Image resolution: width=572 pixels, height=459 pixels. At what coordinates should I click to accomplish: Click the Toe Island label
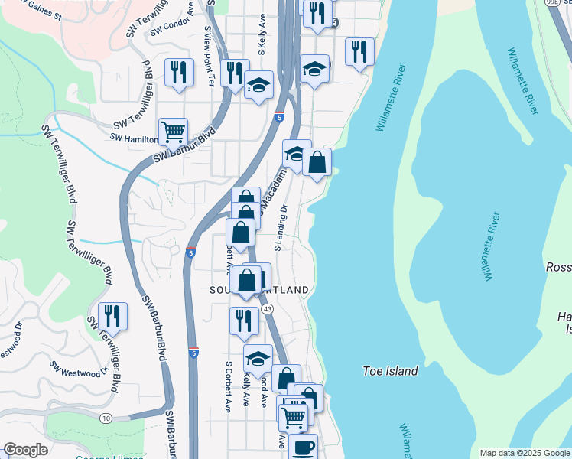(x=390, y=371)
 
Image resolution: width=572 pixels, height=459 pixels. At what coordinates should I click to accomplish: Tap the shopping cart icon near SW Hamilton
(x=174, y=132)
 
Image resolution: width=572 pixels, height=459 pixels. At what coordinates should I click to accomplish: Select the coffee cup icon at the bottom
(x=303, y=446)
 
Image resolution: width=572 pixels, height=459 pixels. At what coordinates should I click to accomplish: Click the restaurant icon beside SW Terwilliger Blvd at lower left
(x=112, y=316)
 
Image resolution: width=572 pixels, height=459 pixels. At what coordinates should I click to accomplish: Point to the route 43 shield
(x=266, y=308)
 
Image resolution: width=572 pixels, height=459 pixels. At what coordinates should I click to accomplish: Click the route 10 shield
(x=105, y=418)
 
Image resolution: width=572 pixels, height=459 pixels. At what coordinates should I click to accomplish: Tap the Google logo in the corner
(x=25, y=450)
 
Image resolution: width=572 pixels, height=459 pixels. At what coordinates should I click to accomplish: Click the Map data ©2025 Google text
(x=524, y=453)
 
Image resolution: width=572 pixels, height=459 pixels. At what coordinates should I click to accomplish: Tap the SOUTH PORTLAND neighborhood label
(x=260, y=291)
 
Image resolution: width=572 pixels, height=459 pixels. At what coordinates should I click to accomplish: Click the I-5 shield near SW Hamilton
(x=278, y=118)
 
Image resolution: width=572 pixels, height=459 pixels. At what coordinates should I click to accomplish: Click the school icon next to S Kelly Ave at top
(x=259, y=85)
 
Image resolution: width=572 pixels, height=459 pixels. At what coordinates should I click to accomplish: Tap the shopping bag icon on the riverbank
(x=317, y=162)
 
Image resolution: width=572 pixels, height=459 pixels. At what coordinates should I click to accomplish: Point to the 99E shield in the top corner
(x=552, y=3)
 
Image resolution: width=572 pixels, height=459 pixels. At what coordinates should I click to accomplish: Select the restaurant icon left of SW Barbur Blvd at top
(x=178, y=73)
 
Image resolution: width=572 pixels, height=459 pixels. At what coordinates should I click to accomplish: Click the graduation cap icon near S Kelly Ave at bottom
(x=258, y=357)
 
